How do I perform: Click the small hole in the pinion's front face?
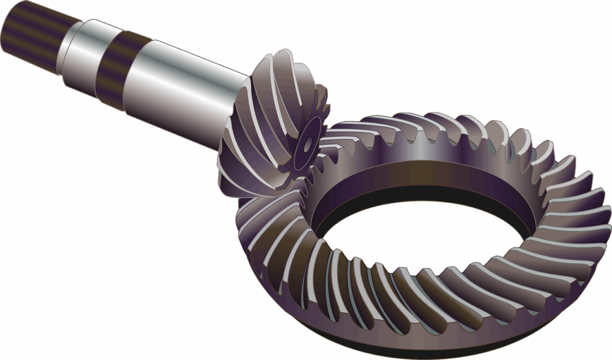(x=307, y=144)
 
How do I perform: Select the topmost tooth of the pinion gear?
(x=281, y=60)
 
